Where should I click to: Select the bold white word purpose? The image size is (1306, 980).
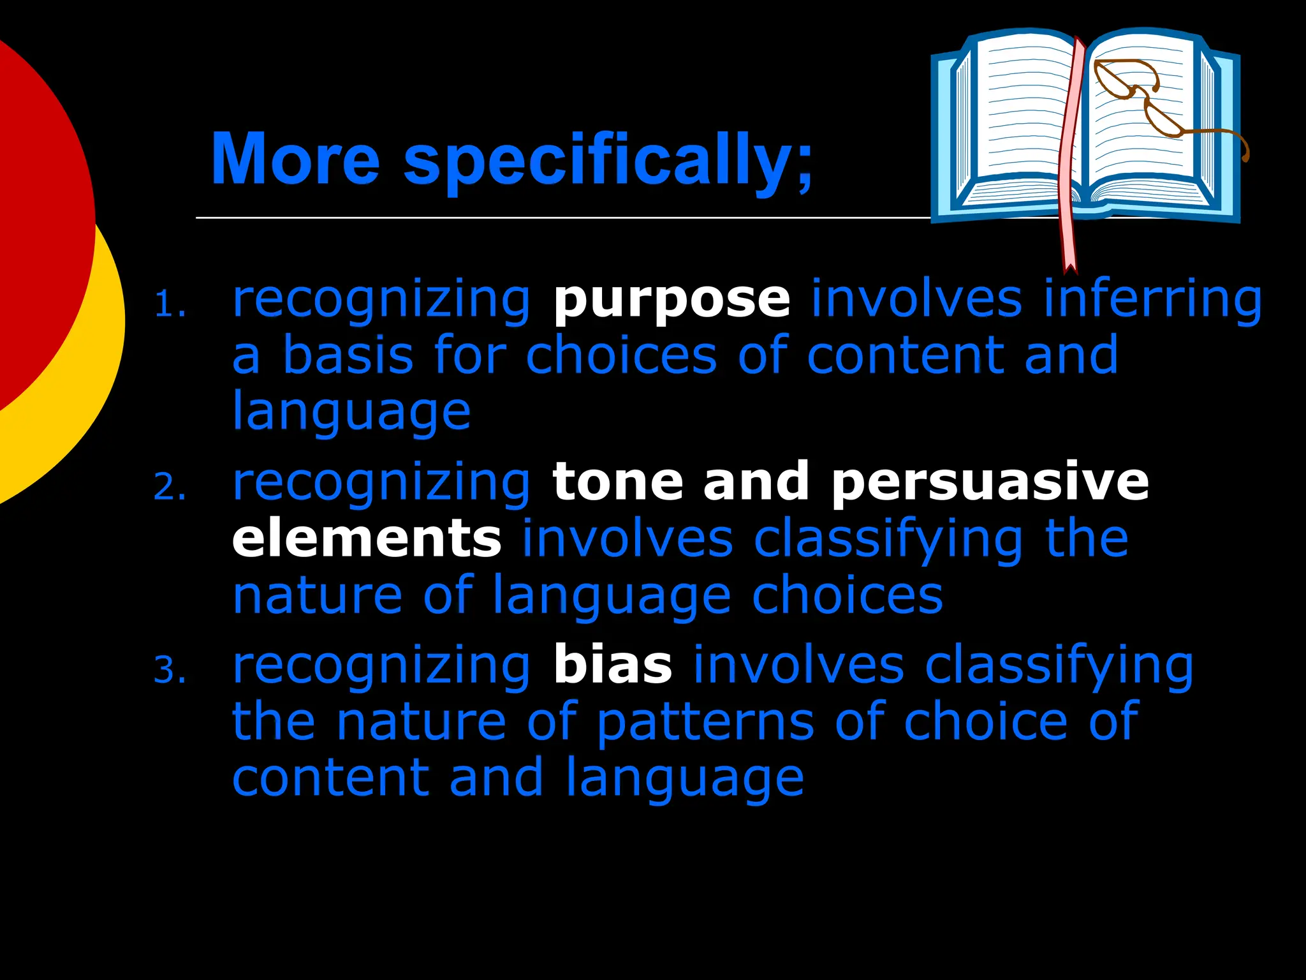click(x=671, y=299)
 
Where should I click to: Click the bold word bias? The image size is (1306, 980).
click(x=612, y=665)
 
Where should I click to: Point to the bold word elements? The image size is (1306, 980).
click(x=367, y=539)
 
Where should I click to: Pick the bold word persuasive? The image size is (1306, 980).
click(x=990, y=482)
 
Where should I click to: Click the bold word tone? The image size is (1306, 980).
click(x=617, y=482)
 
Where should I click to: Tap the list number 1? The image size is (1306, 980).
click(x=170, y=305)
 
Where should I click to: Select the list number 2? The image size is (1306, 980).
click(x=170, y=488)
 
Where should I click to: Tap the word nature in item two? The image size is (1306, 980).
click(x=317, y=596)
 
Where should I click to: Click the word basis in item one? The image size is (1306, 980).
click(x=348, y=355)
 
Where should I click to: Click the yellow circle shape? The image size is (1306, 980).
click(x=96, y=383)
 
